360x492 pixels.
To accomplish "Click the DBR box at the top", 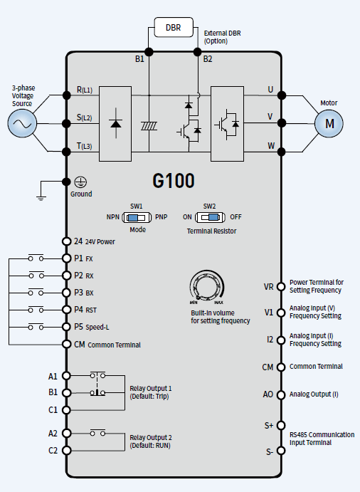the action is tap(174, 27).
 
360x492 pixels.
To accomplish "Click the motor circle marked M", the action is tap(329, 123).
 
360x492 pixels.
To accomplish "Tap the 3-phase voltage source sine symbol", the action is tap(22, 123).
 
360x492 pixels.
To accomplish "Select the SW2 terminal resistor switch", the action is tap(210, 217).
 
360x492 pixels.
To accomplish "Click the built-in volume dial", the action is tap(206, 286).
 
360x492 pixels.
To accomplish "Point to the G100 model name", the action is tap(174, 180).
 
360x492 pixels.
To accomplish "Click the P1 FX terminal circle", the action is tap(66, 258).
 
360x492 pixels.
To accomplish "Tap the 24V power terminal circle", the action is tap(66, 241).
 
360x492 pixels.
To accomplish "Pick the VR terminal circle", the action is tap(281, 286).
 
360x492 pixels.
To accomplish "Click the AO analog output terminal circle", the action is tap(281, 394).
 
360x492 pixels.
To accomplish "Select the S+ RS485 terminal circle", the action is tap(281, 425).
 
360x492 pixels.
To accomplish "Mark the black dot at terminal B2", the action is tap(197, 52).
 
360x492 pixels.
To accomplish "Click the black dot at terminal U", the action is tap(282, 95).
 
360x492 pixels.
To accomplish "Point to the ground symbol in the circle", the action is tap(80, 182).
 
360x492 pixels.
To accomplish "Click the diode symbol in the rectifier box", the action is tap(116, 123).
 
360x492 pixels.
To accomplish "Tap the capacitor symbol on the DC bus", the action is tap(149, 126).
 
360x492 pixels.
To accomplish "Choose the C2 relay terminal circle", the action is tap(66, 450).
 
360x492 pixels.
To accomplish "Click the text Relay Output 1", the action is tap(151, 388).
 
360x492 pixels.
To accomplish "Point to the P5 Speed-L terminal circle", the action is tap(66, 327).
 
